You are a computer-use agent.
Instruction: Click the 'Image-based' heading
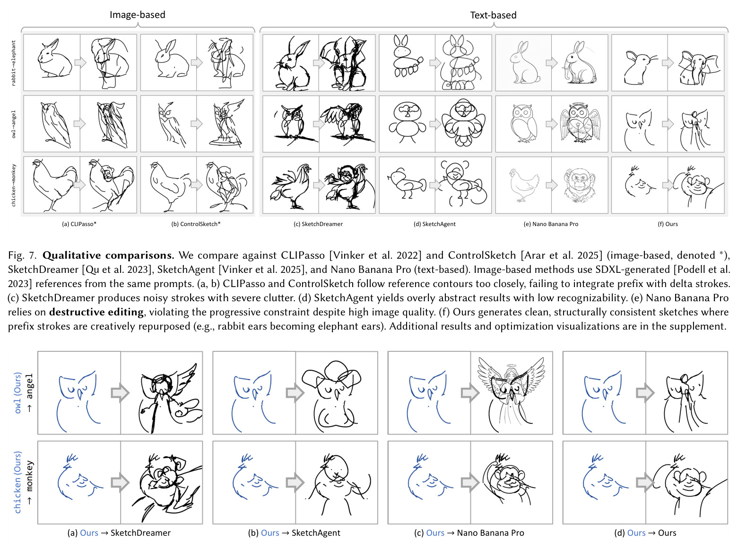(138, 15)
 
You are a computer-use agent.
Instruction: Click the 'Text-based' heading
(493, 15)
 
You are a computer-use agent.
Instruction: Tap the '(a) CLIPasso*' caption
(79, 224)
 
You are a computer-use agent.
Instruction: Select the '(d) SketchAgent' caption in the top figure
(434, 224)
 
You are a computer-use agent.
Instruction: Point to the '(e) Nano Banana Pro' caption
(551, 224)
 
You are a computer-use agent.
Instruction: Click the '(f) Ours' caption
(668, 224)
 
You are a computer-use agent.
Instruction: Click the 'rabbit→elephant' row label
(14, 63)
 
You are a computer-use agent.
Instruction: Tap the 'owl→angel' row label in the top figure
(14, 124)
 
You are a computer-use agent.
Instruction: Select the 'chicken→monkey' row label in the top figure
(14, 185)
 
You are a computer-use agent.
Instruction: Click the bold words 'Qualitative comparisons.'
(108, 255)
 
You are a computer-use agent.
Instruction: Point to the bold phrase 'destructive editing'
(96, 312)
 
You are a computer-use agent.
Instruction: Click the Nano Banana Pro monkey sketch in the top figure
(580, 185)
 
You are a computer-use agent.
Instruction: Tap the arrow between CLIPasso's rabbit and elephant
(80, 62)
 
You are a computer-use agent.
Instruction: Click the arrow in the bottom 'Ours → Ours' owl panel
(645, 393)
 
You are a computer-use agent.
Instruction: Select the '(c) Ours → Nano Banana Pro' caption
(469, 533)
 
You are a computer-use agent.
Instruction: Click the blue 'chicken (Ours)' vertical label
(17, 482)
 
